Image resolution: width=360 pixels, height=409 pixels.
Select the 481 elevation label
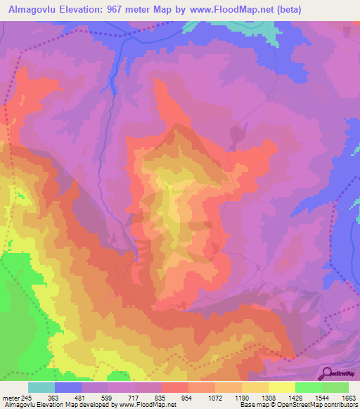click(x=82, y=396)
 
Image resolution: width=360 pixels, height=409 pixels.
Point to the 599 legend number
click(x=108, y=396)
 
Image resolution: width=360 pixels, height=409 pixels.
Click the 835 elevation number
click(x=162, y=396)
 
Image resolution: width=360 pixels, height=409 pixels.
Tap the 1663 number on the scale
click(x=348, y=396)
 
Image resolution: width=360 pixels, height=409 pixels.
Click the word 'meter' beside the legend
click(x=8, y=396)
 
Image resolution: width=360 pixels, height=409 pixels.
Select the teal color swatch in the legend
click(x=41, y=387)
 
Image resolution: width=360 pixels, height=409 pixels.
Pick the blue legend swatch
click(x=68, y=387)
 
